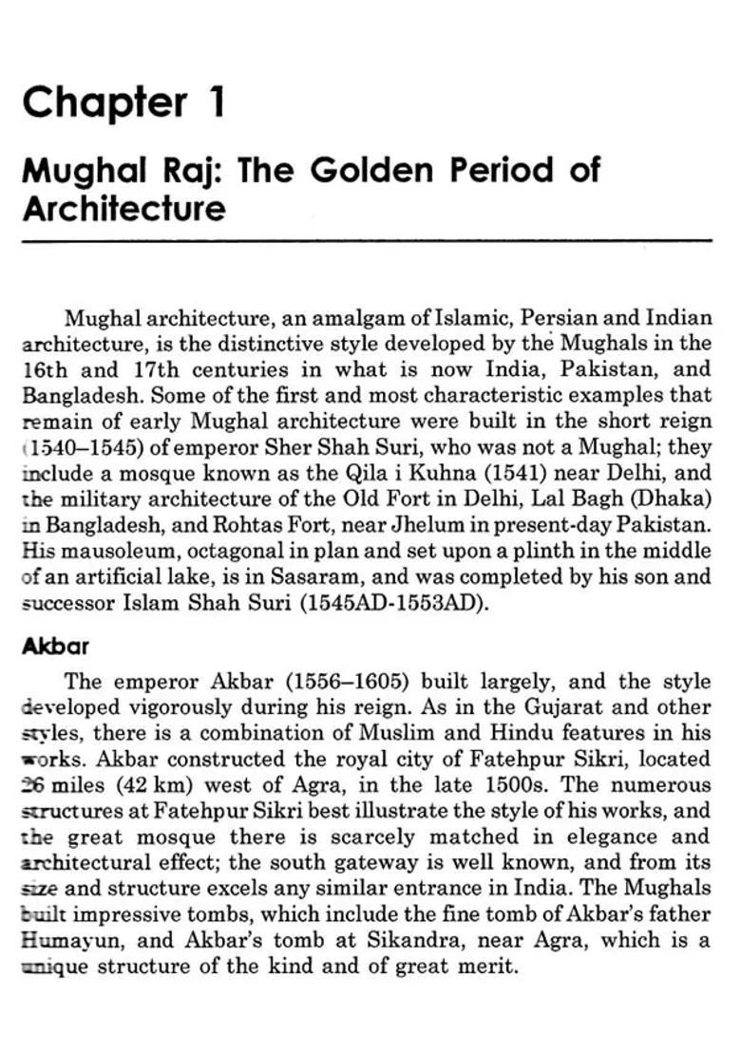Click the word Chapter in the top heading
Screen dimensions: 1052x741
104,102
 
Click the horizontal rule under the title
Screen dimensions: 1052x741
366,242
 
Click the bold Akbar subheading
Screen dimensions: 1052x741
54,647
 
